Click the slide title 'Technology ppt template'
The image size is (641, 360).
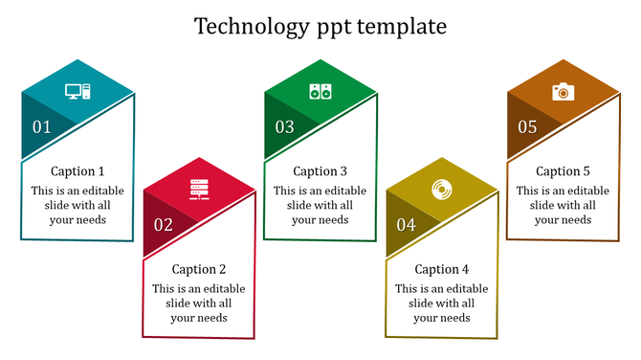pyautogui.click(x=320, y=26)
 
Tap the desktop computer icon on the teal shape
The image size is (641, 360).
pyautogui.click(x=77, y=92)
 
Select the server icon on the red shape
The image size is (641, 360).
pyautogui.click(x=199, y=191)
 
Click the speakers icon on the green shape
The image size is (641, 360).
pyautogui.click(x=320, y=92)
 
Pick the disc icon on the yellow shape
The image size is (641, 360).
pyautogui.click(x=442, y=191)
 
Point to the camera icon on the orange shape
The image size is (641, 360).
pyautogui.click(x=563, y=92)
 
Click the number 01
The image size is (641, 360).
pyautogui.click(x=42, y=126)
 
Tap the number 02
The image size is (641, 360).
pyautogui.click(x=164, y=226)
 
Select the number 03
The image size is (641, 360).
pyautogui.click(x=285, y=126)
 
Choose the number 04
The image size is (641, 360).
pyautogui.click(x=407, y=226)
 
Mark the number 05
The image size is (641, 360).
pyautogui.click(x=528, y=126)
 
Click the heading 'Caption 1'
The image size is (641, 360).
pyautogui.click(x=77, y=171)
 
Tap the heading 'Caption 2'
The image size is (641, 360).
pyautogui.click(x=199, y=270)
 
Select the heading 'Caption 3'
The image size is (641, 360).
pyautogui.click(x=320, y=171)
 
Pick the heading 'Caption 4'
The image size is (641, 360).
pyautogui.click(x=442, y=270)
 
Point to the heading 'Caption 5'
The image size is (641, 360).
pyautogui.click(x=563, y=171)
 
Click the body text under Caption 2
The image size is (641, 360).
pyautogui.click(x=199, y=304)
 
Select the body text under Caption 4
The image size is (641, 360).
pyautogui.click(x=442, y=304)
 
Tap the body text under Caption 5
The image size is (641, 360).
pyautogui.click(x=563, y=205)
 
